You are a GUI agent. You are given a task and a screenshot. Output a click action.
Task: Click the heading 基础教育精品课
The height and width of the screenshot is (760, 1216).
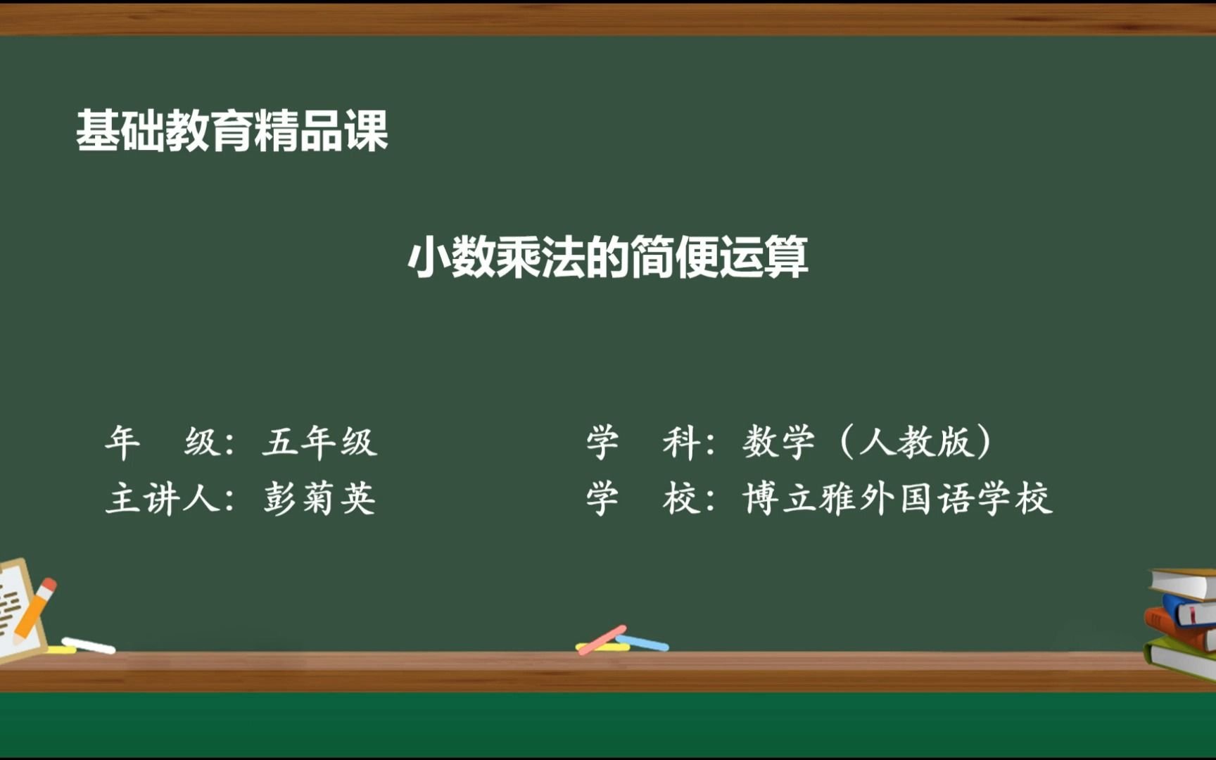(232, 131)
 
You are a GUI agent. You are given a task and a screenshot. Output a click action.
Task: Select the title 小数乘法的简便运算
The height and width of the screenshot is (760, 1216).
(608, 257)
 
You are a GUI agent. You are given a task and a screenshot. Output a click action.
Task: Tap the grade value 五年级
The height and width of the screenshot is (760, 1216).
(319, 443)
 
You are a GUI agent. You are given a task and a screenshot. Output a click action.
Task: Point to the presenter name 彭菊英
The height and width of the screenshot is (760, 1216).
(319, 499)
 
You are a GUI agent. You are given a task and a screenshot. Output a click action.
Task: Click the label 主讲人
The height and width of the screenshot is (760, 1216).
(162, 499)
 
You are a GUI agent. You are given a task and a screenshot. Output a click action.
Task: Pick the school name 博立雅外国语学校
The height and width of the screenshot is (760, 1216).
(897, 499)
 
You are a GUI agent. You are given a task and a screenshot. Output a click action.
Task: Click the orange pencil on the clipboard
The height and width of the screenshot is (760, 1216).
(34, 609)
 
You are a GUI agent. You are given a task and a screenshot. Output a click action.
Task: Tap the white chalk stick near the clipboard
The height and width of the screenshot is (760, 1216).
(89, 645)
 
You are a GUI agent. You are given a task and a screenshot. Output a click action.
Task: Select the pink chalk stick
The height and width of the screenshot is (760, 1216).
(602, 640)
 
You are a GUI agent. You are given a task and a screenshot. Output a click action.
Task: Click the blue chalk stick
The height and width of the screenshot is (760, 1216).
(642, 642)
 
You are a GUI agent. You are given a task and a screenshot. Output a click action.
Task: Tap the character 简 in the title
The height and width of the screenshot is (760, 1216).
(652, 257)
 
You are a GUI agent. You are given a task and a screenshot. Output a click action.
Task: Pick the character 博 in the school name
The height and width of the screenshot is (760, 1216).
(759, 499)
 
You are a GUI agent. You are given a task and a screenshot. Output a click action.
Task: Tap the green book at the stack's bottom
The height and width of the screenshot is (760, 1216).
(1179, 659)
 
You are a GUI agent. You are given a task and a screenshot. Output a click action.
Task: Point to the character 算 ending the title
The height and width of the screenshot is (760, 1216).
(786, 257)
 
